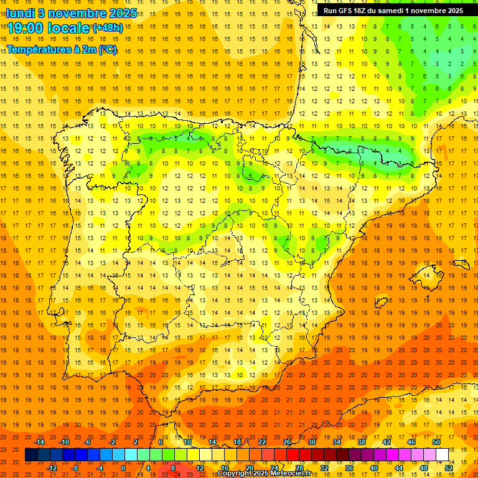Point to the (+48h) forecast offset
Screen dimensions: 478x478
point(107,28)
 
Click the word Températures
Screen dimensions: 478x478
point(39,49)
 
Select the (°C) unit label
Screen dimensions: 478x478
point(107,49)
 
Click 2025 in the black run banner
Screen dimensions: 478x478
point(452,11)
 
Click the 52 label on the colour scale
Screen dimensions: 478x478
point(449,468)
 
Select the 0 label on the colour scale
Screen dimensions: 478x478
point(123,468)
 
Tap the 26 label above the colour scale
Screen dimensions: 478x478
point(287,442)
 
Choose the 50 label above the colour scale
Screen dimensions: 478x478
point(436,442)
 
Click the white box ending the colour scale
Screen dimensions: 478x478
point(443,455)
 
